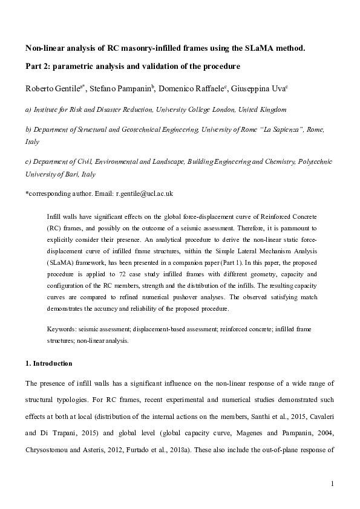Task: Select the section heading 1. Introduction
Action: tap(48, 363)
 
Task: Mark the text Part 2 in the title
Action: tap(35, 65)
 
